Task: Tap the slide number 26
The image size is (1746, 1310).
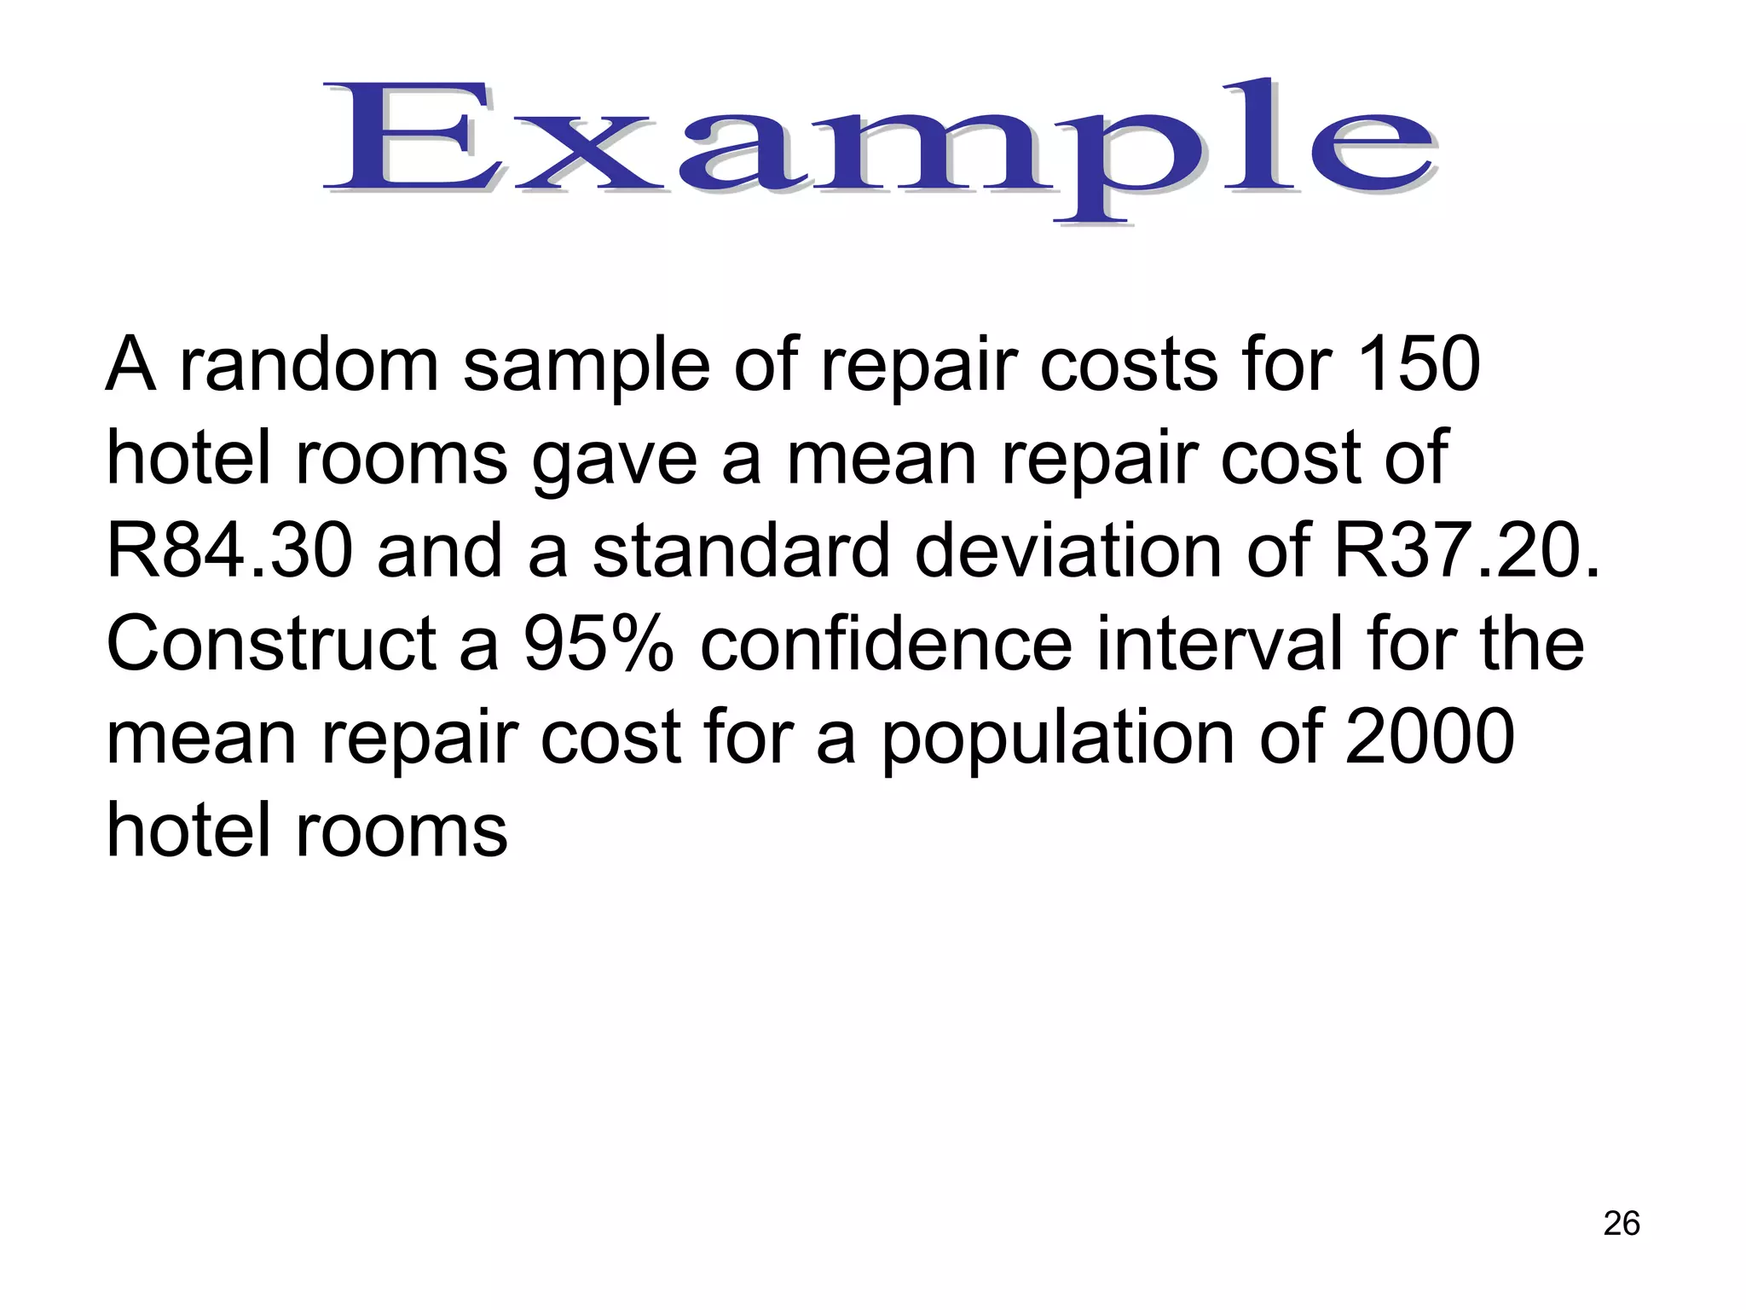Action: (1621, 1223)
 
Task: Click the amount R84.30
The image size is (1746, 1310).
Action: (229, 551)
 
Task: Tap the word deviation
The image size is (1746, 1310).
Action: (1069, 551)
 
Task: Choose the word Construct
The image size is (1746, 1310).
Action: (271, 644)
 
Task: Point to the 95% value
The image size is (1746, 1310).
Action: (599, 644)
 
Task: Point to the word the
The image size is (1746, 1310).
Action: (1531, 644)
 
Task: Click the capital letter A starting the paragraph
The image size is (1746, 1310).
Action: (131, 365)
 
